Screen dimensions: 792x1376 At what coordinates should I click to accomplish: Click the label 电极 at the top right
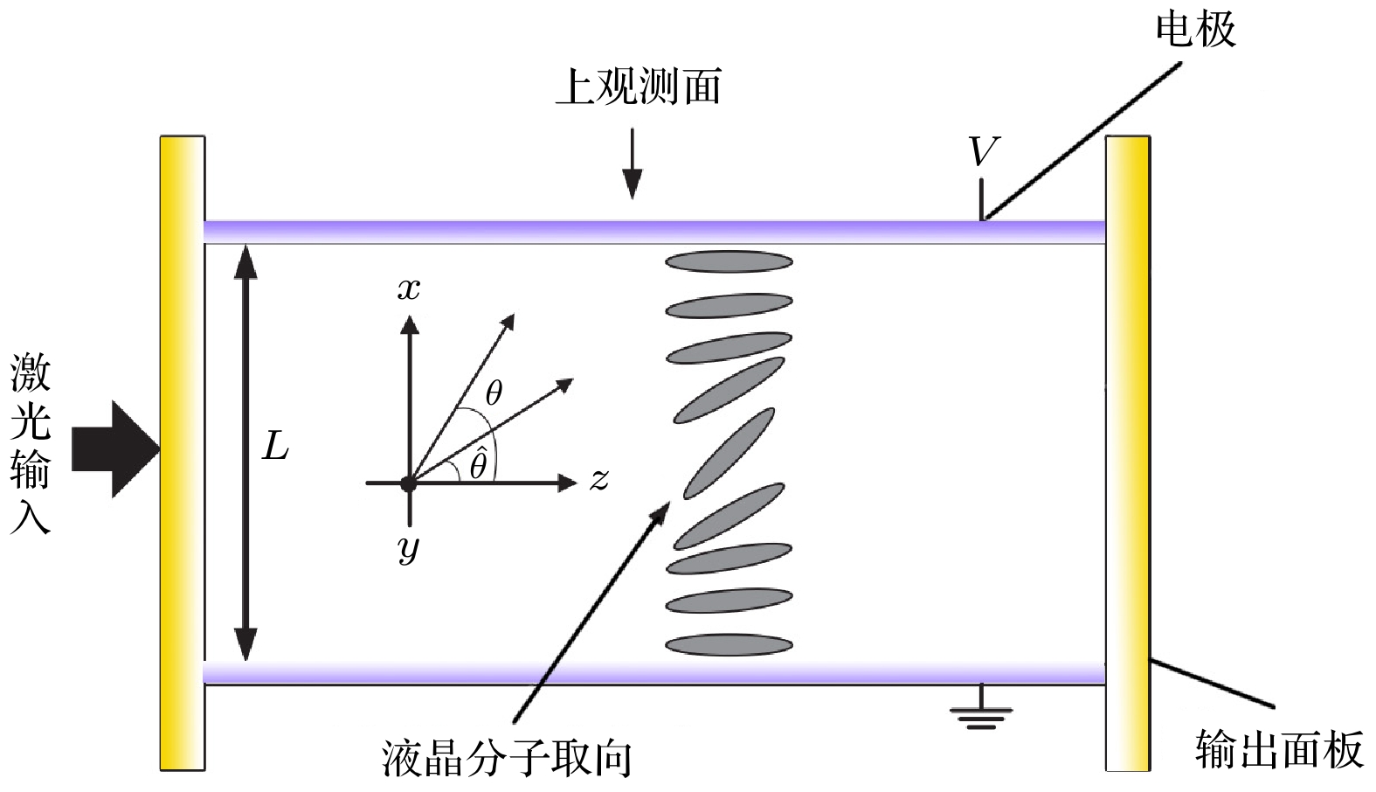(1194, 31)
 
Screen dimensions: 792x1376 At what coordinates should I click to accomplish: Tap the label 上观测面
(639, 87)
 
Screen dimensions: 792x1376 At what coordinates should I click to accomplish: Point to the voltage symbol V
(983, 153)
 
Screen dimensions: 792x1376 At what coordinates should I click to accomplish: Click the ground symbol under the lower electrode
(981, 712)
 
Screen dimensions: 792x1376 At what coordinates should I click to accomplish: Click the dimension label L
(275, 448)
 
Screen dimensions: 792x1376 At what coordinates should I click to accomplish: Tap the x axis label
(409, 289)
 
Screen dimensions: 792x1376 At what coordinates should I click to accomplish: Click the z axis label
(598, 479)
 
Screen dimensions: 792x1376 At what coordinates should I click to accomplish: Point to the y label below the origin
(408, 548)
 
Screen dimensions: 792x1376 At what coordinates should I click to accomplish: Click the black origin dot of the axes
(408, 483)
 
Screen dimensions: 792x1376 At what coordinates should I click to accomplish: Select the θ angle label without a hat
(494, 393)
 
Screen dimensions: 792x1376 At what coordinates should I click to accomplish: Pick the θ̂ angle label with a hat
(478, 464)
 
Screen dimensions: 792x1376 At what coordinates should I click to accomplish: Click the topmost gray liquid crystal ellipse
(729, 261)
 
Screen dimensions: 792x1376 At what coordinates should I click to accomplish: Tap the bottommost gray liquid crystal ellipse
(729, 645)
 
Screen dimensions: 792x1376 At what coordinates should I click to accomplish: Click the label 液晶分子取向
(506, 758)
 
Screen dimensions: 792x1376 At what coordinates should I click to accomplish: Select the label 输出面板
(1279, 750)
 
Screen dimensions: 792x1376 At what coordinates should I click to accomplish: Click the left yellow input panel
(182, 453)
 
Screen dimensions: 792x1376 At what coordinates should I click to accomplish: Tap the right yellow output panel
(1128, 453)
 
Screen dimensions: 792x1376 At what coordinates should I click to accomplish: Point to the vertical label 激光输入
(31, 444)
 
